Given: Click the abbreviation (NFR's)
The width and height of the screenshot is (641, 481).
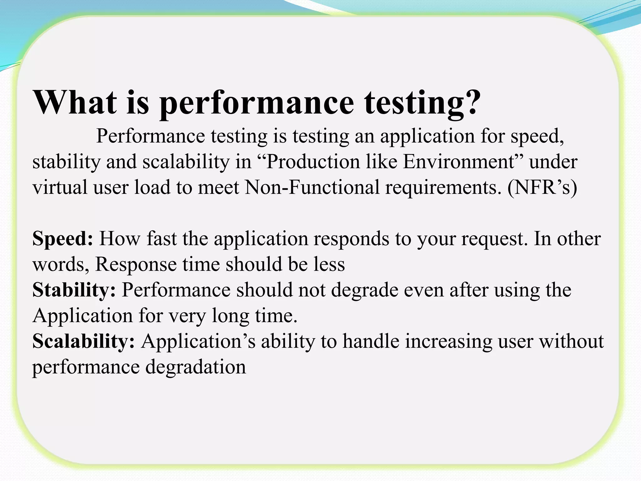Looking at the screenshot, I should point(542,187).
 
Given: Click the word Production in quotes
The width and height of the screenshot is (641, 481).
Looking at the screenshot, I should point(314,162).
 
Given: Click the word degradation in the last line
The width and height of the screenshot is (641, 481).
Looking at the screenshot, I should point(196,367).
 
